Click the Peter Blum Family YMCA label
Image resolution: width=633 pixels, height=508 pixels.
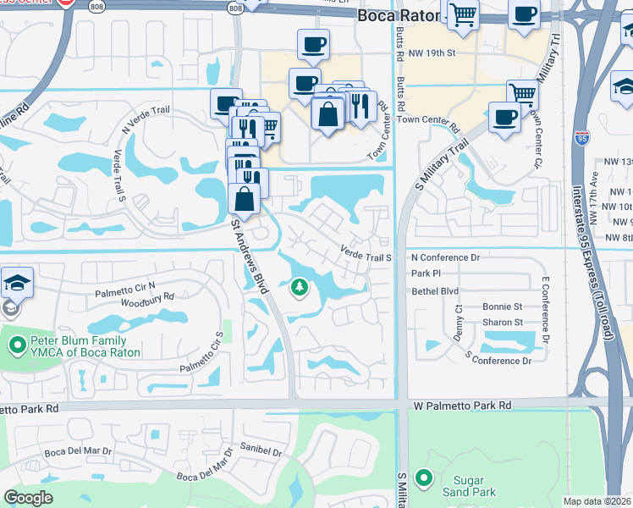pyautogui.click(x=78, y=346)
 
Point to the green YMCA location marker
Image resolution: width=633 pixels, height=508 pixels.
pyautogui.click(x=16, y=345)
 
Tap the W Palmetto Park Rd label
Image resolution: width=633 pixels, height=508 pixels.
pyautogui.click(x=463, y=406)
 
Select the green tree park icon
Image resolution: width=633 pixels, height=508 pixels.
pyautogui.click(x=299, y=289)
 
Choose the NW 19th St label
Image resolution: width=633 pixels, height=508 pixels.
pyautogui.click(x=432, y=52)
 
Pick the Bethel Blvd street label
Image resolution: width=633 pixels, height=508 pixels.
pyautogui.click(x=434, y=290)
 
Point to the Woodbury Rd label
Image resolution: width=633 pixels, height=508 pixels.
pyautogui.click(x=147, y=297)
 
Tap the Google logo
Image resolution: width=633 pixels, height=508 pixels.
pyautogui.click(x=29, y=498)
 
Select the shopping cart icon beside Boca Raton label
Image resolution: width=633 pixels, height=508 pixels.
pyautogui.click(x=463, y=14)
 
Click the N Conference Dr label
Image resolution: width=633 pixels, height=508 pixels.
pyautogui.click(x=445, y=257)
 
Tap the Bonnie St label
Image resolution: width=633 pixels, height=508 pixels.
pyautogui.click(x=502, y=306)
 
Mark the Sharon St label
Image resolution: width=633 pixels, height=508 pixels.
pyautogui.click(x=502, y=323)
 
